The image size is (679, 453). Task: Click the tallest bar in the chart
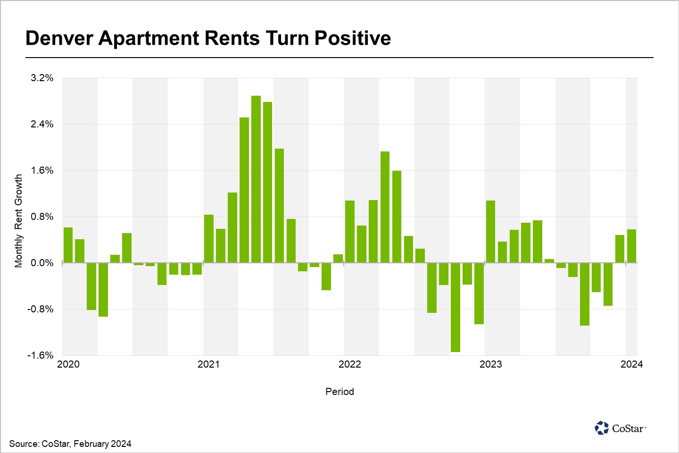pyautogui.click(x=256, y=179)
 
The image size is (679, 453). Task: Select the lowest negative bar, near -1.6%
pyautogui.click(x=455, y=307)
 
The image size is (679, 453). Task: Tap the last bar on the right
pyautogui.click(x=631, y=246)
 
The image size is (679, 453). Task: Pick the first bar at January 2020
pyautogui.click(x=68, y=245)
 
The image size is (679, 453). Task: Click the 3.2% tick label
pyautogui.click(x=42, y=78)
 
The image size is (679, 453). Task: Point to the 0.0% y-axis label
pyautogui.click(x=42, y=263)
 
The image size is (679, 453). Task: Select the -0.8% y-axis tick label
pyautogui.click(x=41, y=309)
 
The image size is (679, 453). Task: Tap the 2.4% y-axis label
pyautogui.click(x=42, y=124)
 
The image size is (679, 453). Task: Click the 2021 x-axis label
pyautogui.click(x=208, y=364)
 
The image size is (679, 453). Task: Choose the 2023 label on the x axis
pyautogui.click(x=490, y=364)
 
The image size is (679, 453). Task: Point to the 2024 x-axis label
pyautogui.click(x=631, y=364)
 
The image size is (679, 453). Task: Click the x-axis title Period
pyautogui.click(x=339, y=392)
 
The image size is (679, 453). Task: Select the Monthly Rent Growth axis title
pyautogui.click(x=18, y=221)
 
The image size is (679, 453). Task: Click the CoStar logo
pyautogui.click(x=620, y=428)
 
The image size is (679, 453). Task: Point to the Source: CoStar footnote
pyautogui.click(x=70, y=444)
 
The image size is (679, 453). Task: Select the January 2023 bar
pyautogui.click(x=490, y=232)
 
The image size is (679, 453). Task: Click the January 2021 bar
pyautogui.click(x=209, y=239)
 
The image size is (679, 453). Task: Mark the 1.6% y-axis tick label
pyautogui.click(x=42, y=170)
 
